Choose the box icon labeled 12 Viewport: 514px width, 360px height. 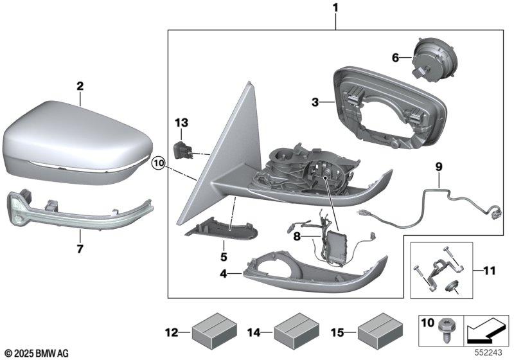(215, 332)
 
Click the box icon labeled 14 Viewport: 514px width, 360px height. (297, 332)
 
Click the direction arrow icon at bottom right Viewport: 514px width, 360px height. (486, 331)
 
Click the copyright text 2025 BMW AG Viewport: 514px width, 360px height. (37, 354)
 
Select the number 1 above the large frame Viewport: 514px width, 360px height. (335, 8)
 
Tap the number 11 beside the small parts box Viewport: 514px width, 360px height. (490, 271)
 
